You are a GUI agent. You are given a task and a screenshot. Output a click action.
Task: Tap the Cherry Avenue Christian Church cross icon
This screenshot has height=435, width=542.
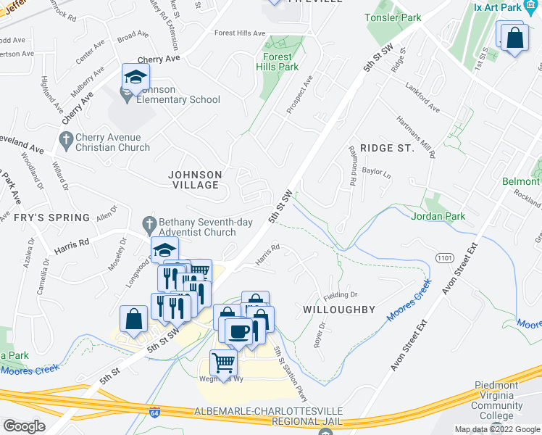tap(65, 139)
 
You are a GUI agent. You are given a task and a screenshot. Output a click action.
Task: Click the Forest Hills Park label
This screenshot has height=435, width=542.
tap(277, 62)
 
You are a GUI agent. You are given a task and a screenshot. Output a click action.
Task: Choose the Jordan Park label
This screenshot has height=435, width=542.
tap(436, 216)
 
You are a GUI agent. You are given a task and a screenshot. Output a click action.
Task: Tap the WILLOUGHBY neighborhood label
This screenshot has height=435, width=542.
tap(338, 310)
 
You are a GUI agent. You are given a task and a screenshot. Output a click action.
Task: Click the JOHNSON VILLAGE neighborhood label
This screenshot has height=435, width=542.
tap(194, 180)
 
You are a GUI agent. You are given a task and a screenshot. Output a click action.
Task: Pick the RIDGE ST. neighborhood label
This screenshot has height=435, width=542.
tap(382, 148)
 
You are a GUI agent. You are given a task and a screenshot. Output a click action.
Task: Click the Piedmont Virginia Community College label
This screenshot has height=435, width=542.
tap(497, 400)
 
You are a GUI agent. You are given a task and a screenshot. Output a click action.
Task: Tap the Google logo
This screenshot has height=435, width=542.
tap(23, 426)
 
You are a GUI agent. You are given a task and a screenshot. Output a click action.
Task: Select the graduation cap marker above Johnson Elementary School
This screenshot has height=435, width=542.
tap(135, 78)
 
